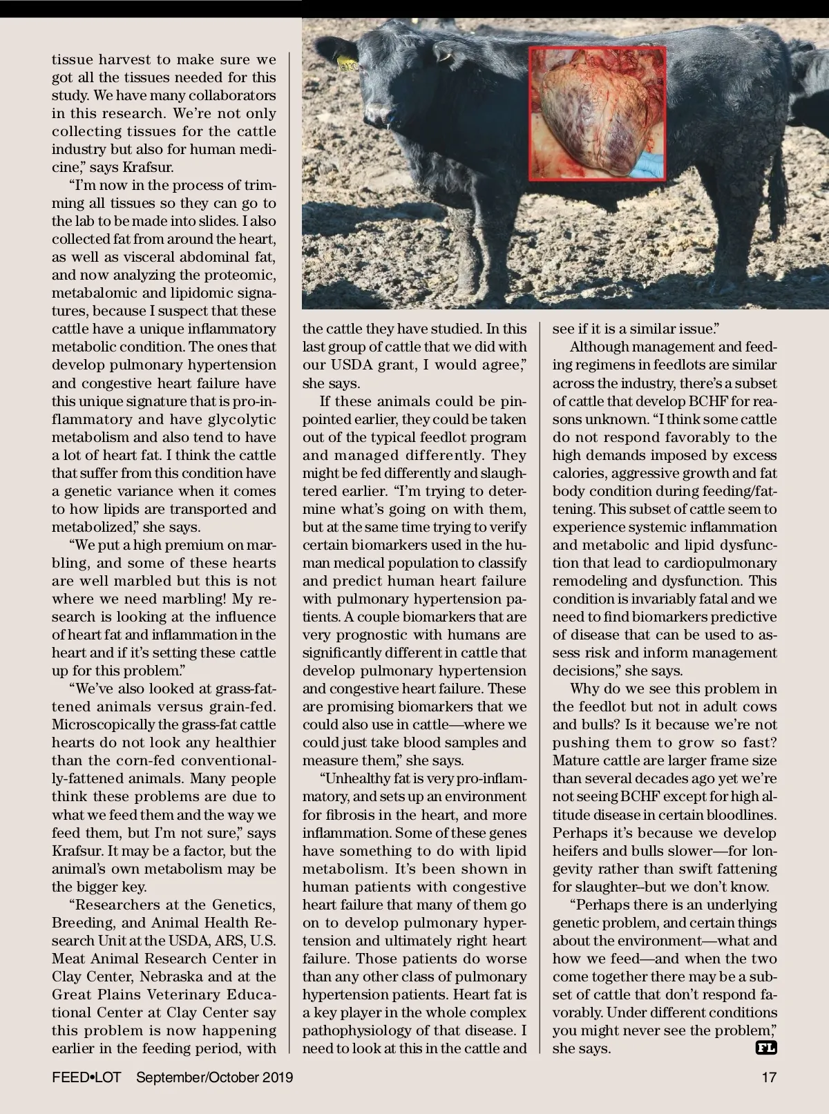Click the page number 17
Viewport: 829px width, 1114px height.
[769, 1077]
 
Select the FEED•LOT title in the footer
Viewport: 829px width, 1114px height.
[86, 1077]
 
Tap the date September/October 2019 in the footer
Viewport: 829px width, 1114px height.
[215, 1077]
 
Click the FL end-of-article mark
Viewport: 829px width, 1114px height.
[766, 1048]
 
